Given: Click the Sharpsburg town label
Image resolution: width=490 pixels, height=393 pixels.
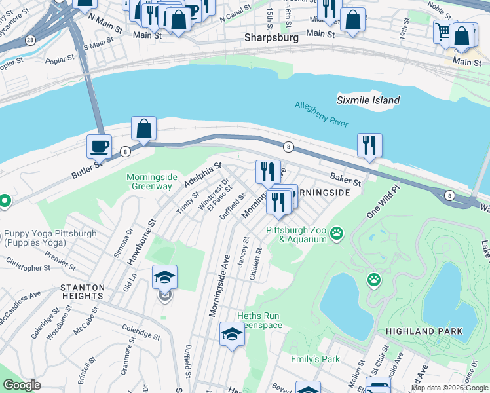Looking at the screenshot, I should [x=271, y=38].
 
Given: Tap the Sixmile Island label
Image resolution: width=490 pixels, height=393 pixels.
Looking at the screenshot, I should [x=367, y=100].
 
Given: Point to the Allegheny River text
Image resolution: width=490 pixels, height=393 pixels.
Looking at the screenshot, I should [x=322, y=115].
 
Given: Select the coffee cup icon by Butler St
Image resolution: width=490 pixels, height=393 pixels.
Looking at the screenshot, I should [x=99, y=147].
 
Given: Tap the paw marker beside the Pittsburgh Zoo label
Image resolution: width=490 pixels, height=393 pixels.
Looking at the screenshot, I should [x=337, y=233].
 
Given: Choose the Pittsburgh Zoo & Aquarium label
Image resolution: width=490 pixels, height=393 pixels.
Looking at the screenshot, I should [x=295, y=234].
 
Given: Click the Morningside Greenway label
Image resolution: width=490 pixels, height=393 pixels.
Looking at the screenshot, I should [x=149, y=181].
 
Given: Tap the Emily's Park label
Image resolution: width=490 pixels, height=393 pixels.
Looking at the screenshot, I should [x=316, y=360].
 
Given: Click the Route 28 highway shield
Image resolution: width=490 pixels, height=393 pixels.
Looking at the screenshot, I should [x=31, y=41].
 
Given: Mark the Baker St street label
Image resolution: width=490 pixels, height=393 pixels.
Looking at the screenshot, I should [x=345, y=179].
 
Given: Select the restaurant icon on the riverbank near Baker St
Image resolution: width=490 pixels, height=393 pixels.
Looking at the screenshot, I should [x=369, y=145].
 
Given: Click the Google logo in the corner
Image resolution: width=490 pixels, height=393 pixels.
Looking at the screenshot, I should [x=22, y=386].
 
